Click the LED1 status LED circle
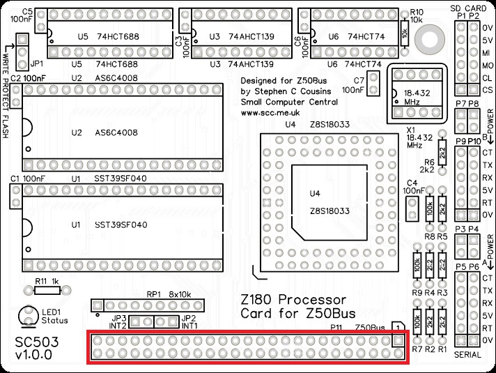(x=28, y=316)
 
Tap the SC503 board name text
(x=34, y=344)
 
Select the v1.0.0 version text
(x=33, y=356)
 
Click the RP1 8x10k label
(x=167, y=294)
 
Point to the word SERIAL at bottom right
(x=468, y=355)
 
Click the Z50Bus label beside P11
(x=370, y=327)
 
